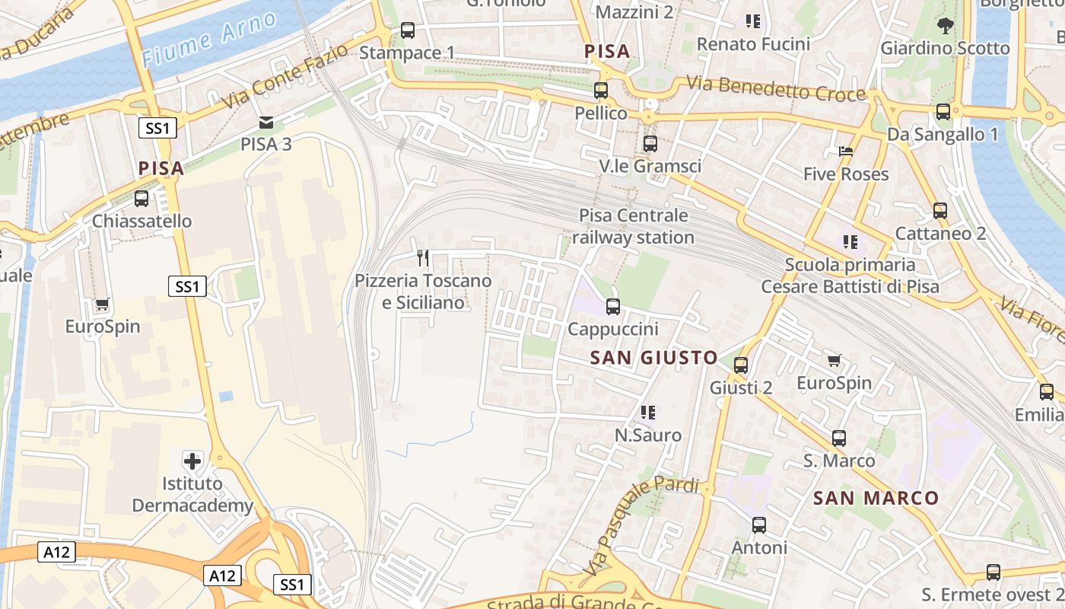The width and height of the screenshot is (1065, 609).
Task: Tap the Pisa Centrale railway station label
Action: point(633,227)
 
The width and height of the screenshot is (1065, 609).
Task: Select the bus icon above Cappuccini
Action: point(613,307)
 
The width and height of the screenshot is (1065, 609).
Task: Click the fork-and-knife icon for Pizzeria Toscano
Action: point(423,258)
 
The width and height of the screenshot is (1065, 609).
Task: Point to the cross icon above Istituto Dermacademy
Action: point(192,461)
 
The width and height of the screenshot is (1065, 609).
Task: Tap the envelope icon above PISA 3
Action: point(266,122)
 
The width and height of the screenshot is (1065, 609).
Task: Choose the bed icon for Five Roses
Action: point(845,151)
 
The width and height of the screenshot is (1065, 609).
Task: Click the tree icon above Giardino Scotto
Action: point(945,26)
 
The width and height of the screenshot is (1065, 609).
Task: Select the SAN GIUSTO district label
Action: point(654,358)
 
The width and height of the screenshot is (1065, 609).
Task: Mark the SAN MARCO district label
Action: point(876,499)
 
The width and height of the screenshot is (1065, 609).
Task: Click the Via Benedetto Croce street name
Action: point(776,88)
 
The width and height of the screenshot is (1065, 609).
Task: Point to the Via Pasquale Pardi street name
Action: point(639,525)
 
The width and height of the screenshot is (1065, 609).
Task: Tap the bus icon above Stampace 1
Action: point(408,30)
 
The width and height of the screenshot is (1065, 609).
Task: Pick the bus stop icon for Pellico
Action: point(601,91)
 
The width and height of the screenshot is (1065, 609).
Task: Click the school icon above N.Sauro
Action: point(648,413)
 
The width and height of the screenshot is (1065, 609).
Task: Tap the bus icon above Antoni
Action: point(759,525)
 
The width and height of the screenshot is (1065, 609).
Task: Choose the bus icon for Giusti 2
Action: point(741,365)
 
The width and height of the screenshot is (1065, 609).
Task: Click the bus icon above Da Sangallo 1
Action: point(943,112)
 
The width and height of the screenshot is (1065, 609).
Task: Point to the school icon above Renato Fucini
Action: point(753,21)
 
